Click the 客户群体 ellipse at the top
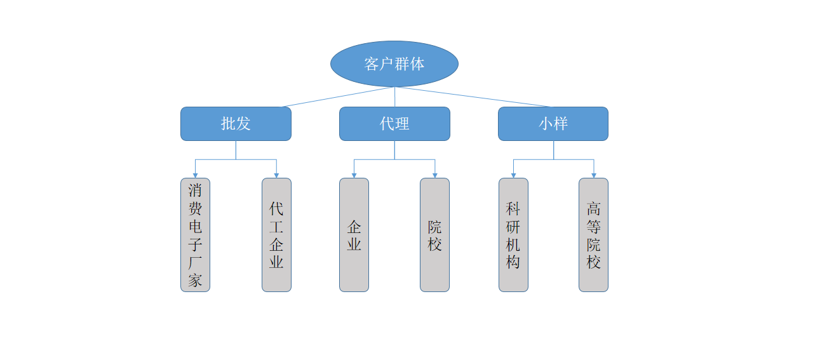pos(394,63)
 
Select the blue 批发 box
pos(236,124)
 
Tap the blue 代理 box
pos(394,124)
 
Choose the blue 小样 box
pos(553,124)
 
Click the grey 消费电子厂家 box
pos(195,235)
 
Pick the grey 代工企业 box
pos(276,235)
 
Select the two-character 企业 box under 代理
pos(354,235)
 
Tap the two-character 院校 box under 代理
pos(434,235)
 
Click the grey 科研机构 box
pos(513,235)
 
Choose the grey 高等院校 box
pos(593,235)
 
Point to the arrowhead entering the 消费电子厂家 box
pos(195,175)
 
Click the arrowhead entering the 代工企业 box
pos(276,175)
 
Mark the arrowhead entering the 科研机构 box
pos(513,175)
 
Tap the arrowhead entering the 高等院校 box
pos(594,175)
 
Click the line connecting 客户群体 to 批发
pos(337,97)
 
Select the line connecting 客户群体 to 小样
pos(473,97)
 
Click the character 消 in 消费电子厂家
pos(195,190)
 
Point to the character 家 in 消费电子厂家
pos(195,281)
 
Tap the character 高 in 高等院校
pos(593,209)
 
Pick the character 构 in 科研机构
pos(513,262)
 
